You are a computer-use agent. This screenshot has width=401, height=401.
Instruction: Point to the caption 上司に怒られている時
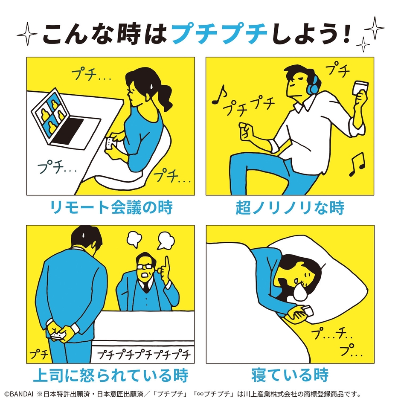[110, 375]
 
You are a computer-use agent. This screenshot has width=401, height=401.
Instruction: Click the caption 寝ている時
[290, 375]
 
